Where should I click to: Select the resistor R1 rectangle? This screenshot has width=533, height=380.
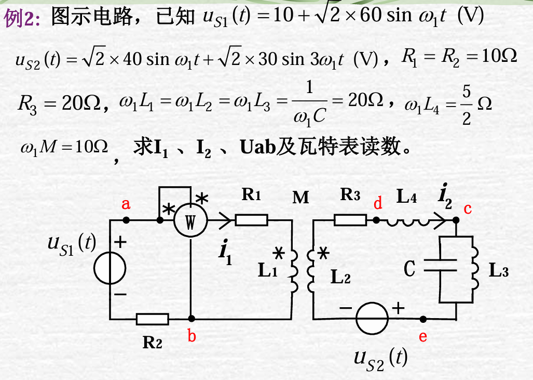(x=252, y=220)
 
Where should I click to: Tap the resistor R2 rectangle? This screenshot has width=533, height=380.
(x=152, y=319)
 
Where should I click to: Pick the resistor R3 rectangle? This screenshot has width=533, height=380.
(x=350, y=220)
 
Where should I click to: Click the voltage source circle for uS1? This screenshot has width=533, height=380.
(x=110, y=268)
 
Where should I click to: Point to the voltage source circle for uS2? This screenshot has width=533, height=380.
(x=372, y=318)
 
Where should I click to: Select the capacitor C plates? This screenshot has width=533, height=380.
(x=439, y=268)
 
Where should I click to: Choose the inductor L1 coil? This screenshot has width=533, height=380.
(x=293, y=270)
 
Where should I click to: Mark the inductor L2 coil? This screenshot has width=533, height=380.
(x=312, y=270)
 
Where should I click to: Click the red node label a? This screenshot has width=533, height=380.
(x=126, y=204)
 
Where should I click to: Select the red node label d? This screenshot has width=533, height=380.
(x=378, y=204)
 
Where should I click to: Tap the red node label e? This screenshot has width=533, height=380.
(x=423, y=337)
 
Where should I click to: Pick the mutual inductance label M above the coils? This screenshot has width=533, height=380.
(x=300, y=197)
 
